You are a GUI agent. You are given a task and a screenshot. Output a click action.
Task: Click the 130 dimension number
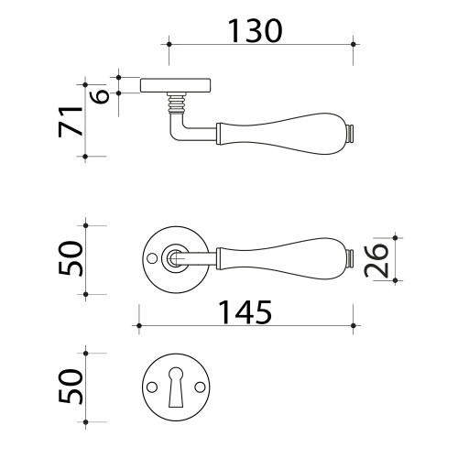tap(255, 30)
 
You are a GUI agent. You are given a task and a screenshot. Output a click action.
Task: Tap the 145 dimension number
tap(245, 311)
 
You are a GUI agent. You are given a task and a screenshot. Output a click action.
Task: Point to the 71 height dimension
tap(71, 121)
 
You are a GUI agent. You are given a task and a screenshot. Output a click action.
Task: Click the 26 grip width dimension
tap(376, 260)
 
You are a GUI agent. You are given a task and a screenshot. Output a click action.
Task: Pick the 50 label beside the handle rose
tap(71, 258)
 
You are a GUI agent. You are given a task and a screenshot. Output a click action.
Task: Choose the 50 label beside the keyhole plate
tap(71, 387)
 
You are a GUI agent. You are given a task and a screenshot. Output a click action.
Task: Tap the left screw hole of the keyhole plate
tap(151, 387)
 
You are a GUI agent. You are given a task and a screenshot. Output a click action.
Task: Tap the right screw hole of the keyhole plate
tap(200, 387)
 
